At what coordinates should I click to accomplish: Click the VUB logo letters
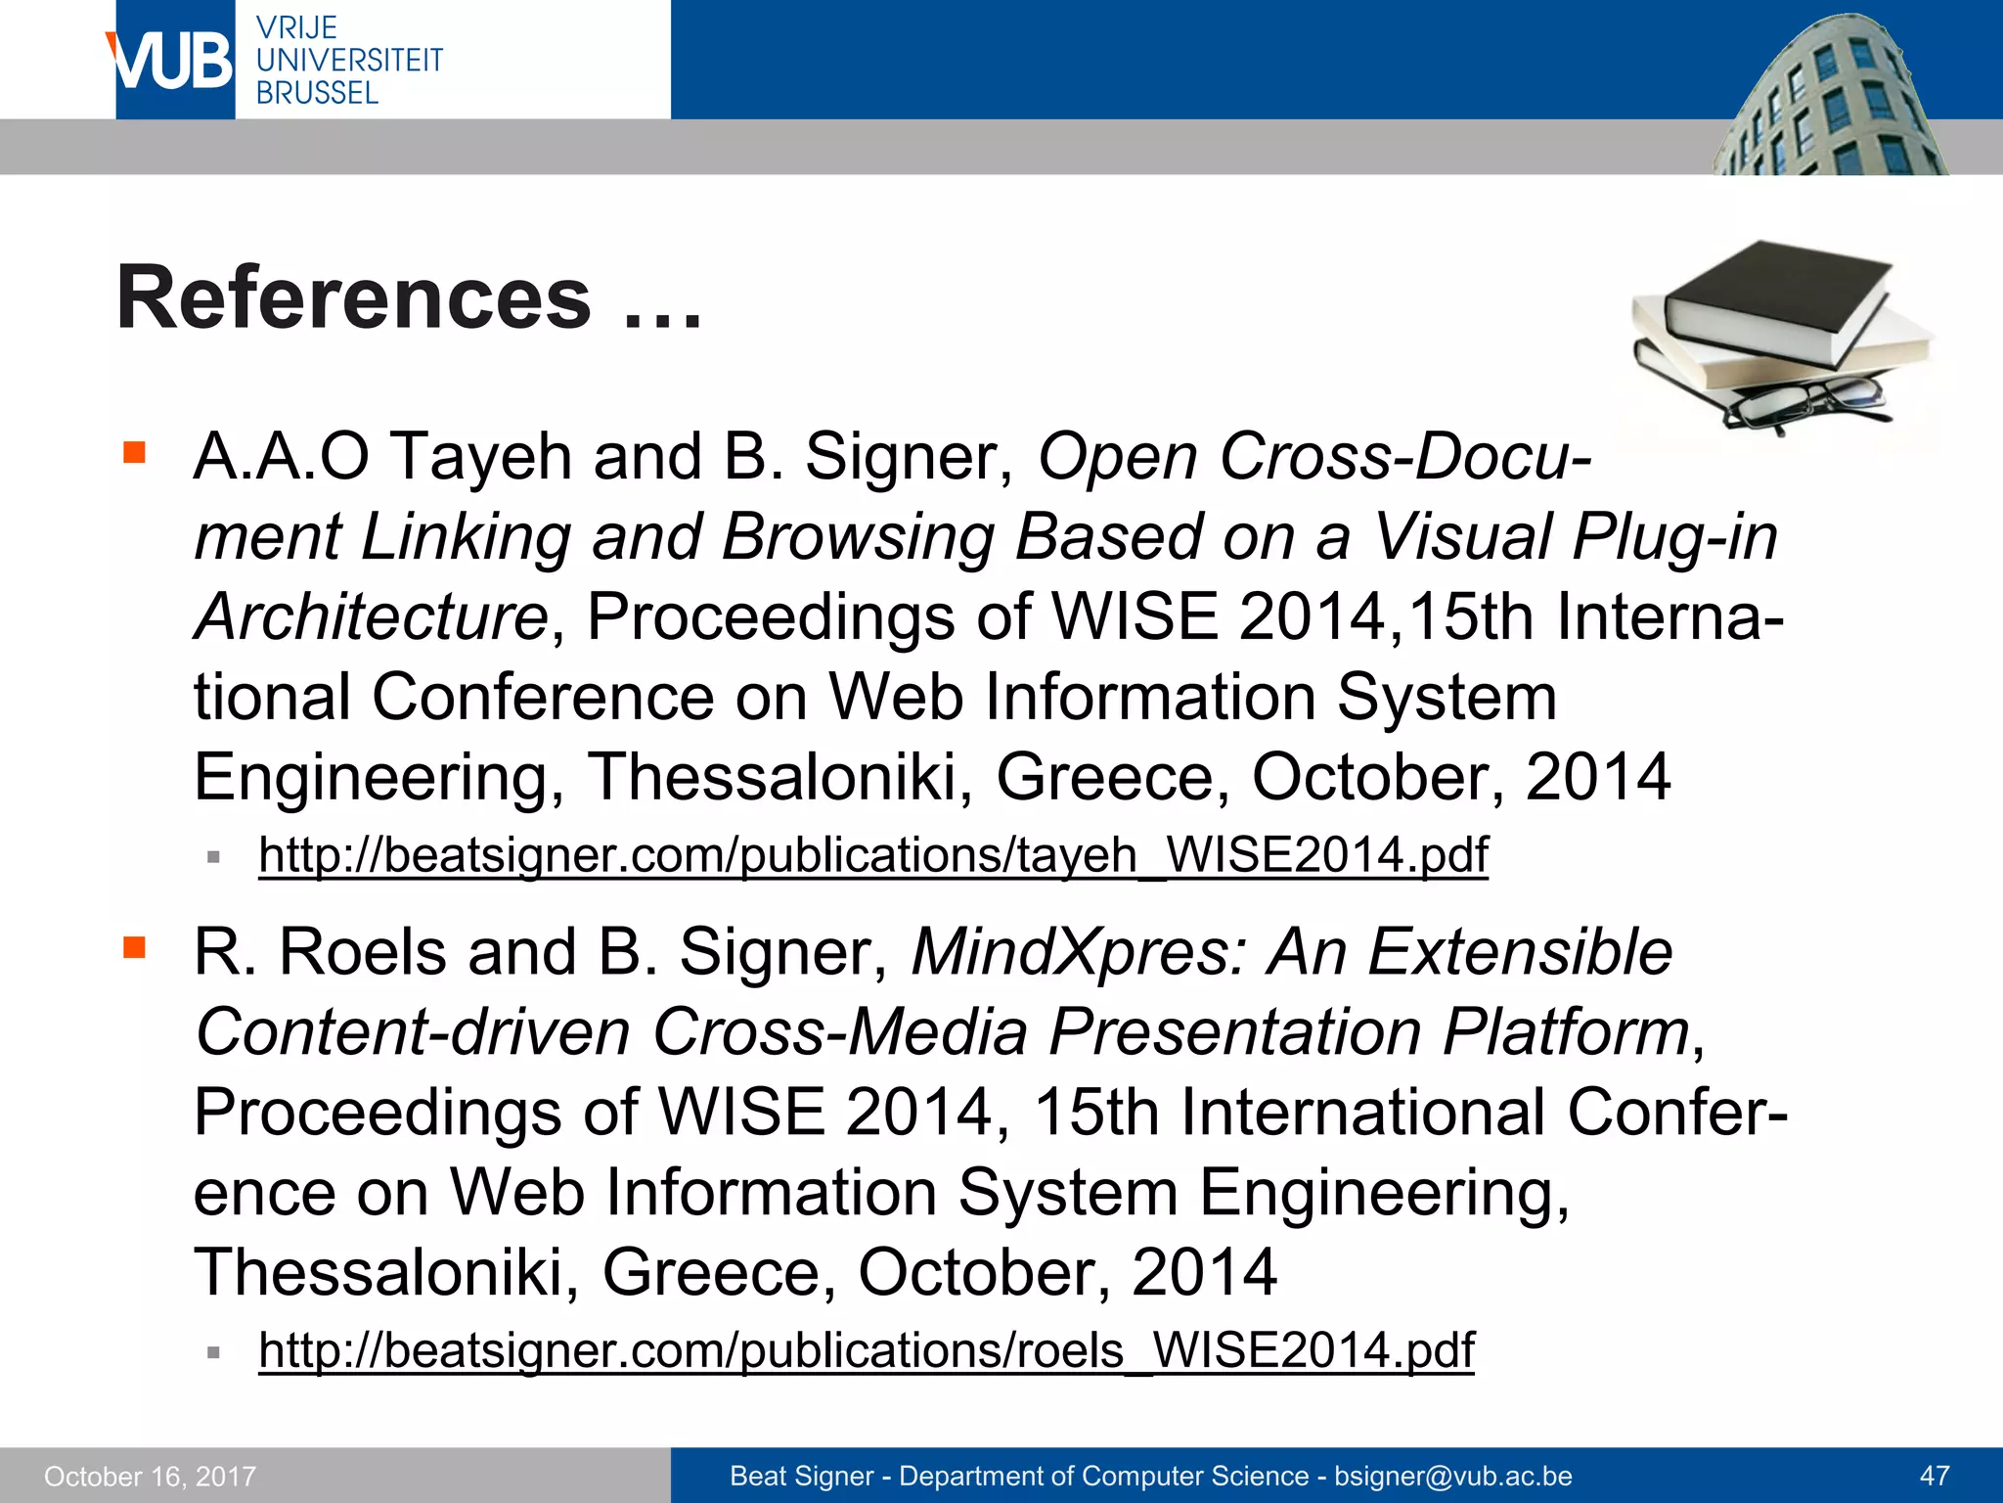pyautogui.click(x=174, y=61)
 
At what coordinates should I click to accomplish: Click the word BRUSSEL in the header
pyautogui.click(x=317, y=93)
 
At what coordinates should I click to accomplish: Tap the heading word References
pyautogui.click(x=354, y=297)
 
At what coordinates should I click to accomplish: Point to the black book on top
pyautogui.click(x=1775, y=294)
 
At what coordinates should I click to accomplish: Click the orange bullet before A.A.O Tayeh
pyautogui.click(x=134, y=452)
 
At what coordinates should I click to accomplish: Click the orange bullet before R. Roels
pyautogui.click(x=134, y=947)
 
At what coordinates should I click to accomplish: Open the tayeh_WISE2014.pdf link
pyautogui.click(x=872, y=855)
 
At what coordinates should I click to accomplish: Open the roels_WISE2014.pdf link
pyautogui.click(x=866, y=1350)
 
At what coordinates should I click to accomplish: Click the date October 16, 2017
pyautogui.click(x=150, y=1476)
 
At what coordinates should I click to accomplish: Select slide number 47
pyautogui.click(x=1935, y=1476)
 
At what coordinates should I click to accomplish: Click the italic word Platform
pyautogui.click(x=1566, y=1032)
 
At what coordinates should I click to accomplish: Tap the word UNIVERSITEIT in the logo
pyautogui.click(x=349, y=61)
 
